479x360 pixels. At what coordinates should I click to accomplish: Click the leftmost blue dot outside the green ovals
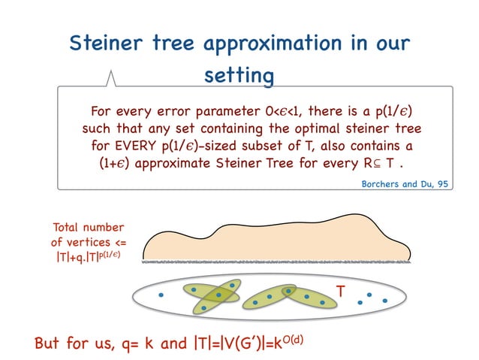(x=161, y=295)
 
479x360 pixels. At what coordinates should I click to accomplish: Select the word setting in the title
(x=239, y=75)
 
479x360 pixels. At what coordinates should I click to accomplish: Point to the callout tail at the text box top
(x=112, y=78)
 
